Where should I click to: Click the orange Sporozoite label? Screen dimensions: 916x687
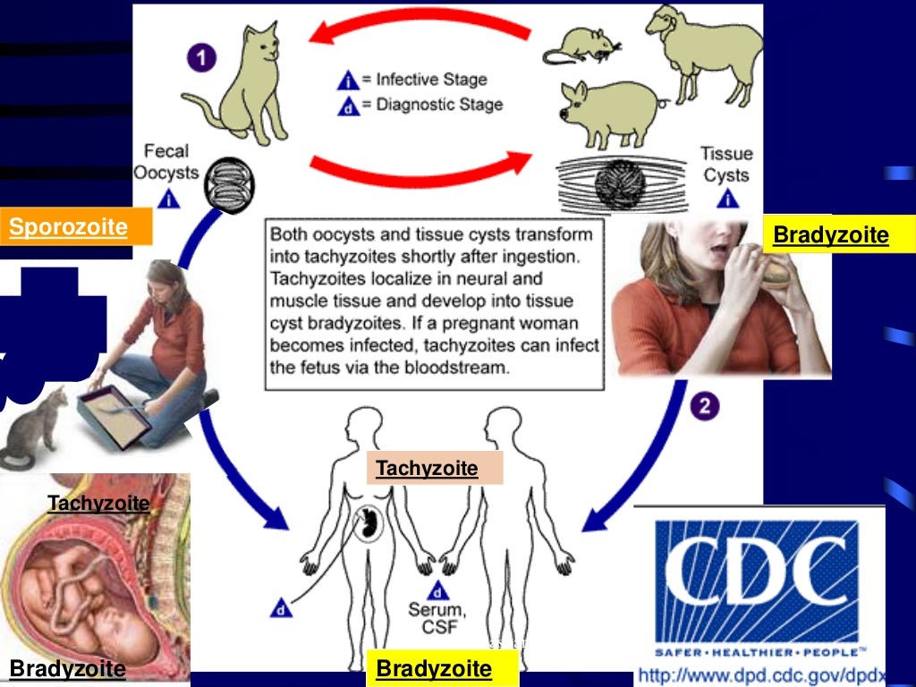click(x=69, y=227)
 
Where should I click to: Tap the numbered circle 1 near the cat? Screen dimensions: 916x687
click(x=202, y=59)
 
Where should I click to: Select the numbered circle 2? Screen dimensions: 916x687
click(x=705, y=408)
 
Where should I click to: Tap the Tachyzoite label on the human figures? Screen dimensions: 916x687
click(x=427, y=468)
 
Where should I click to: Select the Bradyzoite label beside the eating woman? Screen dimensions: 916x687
click(x=831, y=235)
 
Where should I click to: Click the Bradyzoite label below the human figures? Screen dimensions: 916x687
click(x=434, y=668)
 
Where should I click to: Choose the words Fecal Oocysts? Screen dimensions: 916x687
click(x=165, y=162)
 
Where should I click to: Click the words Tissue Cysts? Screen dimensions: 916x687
click(x=725, y=164)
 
